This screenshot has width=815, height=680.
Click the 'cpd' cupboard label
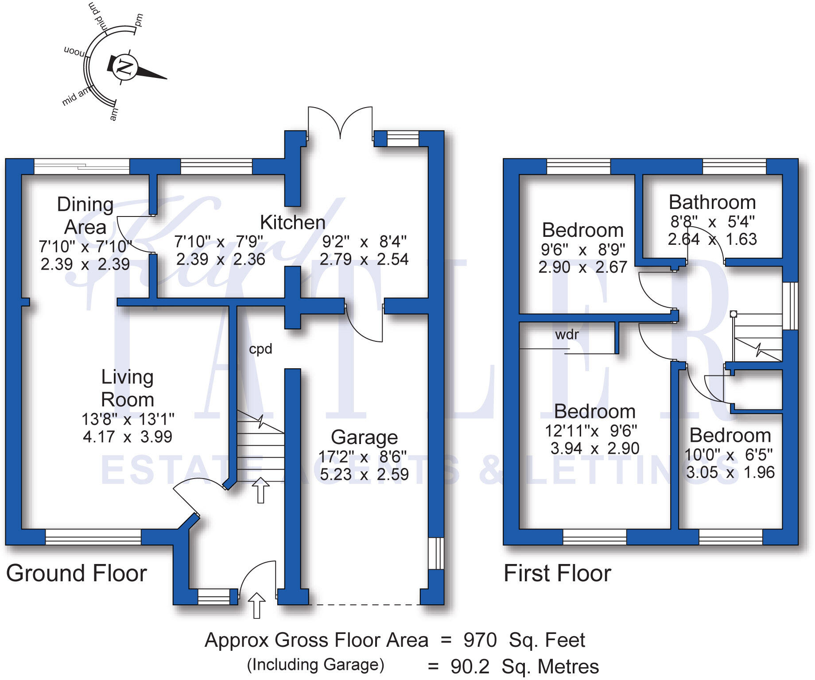pyautogui.click(x=260, y=349)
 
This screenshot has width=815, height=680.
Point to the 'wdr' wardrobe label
pyautogui.click(x=567, y=334)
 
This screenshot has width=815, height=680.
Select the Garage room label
pyautogui.click(x=364, y=437)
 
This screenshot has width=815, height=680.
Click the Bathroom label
pyautogui.click(x=712, y=202)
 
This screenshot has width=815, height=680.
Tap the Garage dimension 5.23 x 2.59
pyautogui.click(x=364, y=475)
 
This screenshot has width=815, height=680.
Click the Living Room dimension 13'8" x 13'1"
pyautogui.click(x=128, y=419)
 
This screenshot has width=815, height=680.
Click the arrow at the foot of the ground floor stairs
pyautogui.click(x=260, y=490)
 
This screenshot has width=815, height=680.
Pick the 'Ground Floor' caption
pyautogui.click(x=76, y=573)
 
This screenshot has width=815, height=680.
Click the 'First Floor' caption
pyautogui.click(x=557, y=573)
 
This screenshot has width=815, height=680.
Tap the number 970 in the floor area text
pyautogui.click(x=480, y=640)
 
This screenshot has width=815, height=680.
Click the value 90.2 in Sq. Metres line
pyautogui.click(x=470, y=666)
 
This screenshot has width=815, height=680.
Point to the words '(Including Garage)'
pyautogui.click(x=315, y=665)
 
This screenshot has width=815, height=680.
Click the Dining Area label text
pyautogui.click(x=85, y=216)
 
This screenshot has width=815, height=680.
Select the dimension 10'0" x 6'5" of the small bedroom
pyautogui.click(x=728, y=455)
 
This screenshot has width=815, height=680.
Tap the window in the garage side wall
pyautogui.click(x=436, y=553)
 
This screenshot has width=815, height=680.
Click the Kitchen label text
pyautogui.click(x=292, y=222)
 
